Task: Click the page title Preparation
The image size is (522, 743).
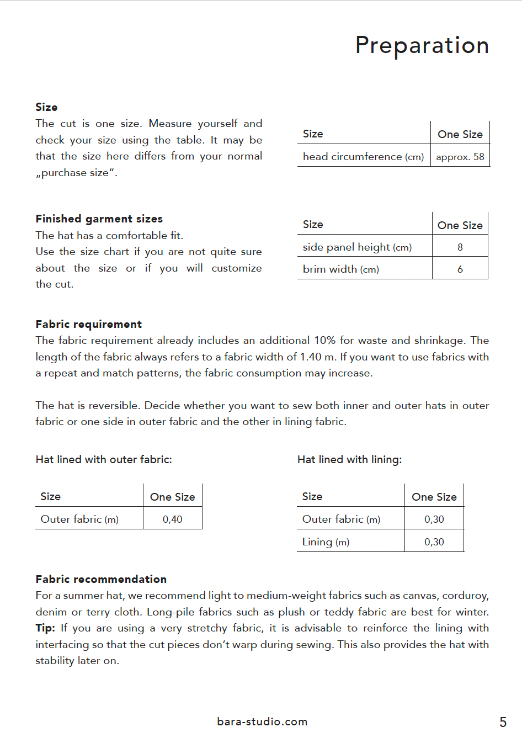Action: point(422,45)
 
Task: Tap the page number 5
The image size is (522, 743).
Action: point(503,722)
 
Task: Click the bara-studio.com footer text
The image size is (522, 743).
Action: point(262,721)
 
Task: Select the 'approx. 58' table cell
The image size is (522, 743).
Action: point(460,157)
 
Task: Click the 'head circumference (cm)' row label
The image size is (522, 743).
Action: point(363,157)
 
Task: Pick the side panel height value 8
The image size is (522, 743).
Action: point(460,247)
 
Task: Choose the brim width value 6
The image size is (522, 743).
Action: point(460,269)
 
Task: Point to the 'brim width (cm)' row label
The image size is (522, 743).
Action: point(340,269)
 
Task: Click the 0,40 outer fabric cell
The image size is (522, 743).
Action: point(173,519)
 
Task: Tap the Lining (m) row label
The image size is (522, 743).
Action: point(326,542)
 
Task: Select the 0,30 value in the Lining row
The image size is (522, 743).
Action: point(434,542)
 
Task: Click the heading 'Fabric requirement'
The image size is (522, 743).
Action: point(89,324)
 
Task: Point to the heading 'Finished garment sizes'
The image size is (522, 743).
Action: point(99,219)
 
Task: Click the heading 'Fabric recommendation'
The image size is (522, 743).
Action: point(101,579)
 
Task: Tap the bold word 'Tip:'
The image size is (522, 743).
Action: point(45,628)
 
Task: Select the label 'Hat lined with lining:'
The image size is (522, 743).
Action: point(349,459)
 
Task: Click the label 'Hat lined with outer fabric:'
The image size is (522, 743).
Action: point(104,459)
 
